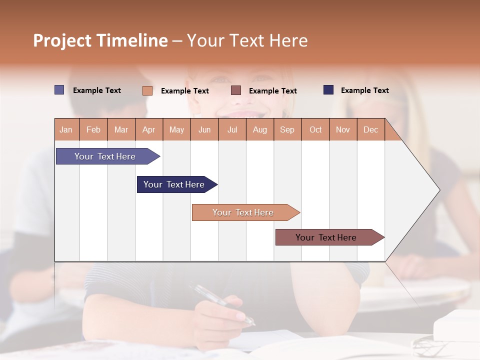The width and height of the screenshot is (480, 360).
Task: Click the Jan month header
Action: [66, 130]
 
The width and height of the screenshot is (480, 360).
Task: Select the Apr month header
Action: [148, 130]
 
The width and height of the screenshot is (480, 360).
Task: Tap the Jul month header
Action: [232, 130]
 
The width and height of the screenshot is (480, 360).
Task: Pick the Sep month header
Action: [287, 130]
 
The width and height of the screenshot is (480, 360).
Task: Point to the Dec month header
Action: [370, 130]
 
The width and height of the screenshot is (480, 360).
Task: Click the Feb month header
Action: [93, 130]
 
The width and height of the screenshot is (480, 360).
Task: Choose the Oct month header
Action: [315, 130]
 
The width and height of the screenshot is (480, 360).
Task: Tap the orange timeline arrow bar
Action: [243, 212]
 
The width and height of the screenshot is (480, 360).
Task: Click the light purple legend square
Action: [59, 90]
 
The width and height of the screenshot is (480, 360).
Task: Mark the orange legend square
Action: [147, 90]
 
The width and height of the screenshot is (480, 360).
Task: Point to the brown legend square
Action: [236, 90]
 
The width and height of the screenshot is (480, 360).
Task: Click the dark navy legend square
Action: [328, 90]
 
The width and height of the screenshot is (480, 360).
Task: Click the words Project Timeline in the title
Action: [100, 40]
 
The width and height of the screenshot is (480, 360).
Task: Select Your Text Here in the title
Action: [247, 40]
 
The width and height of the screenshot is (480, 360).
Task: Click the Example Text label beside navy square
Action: [364, 90]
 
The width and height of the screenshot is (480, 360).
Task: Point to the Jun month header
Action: [204, 130]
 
